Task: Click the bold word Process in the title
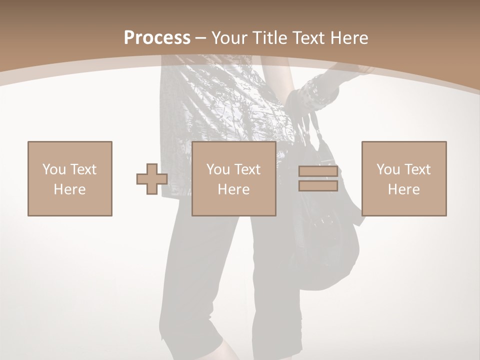pos(157,37)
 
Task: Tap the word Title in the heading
pos(267,37)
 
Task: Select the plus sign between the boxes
pos(152,179)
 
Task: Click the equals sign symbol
pos(318,178)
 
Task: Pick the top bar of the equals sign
pos(318,171)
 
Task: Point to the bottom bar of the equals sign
pos(318,186)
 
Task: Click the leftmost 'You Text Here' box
pos(69,178)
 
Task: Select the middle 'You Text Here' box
pos(233,178)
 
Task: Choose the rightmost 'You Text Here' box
pos(403,178)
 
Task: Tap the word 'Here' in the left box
pos(69,189)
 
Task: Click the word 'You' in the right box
pos(388,169)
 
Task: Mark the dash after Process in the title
pos(201,38)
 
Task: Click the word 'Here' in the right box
pos(403,189)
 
